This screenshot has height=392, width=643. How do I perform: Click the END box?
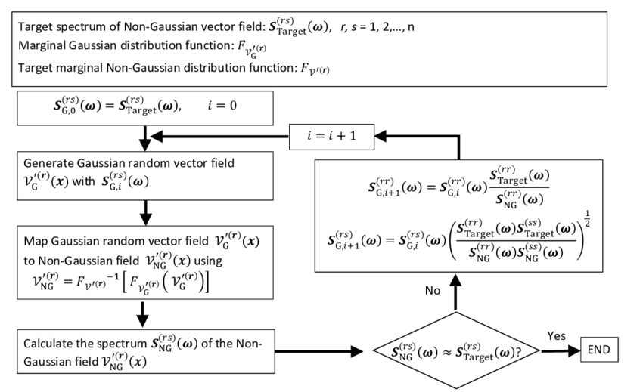tap(598, 350)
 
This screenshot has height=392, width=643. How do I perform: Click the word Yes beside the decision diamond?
tap(555, 336)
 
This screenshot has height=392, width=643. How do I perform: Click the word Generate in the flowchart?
tap(49, 163)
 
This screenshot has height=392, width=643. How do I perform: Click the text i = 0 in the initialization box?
tap(222, 106)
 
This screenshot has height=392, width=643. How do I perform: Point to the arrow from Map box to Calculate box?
tap(144, 312)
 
